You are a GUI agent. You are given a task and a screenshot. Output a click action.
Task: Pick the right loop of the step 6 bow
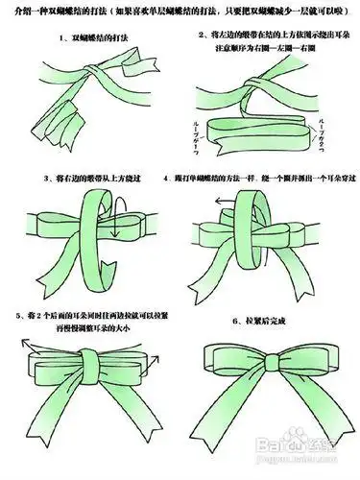pos(307,363)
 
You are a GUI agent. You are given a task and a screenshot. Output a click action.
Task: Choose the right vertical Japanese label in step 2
pos(338,131)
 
